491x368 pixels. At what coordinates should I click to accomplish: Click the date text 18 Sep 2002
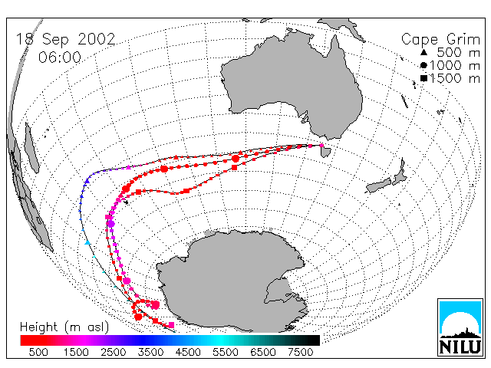coord(65,40)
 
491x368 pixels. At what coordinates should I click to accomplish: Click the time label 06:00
coord(60,58)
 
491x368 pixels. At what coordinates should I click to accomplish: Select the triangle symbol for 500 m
coord(423,52)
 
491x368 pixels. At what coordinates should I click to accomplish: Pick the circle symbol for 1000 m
coord(423,65)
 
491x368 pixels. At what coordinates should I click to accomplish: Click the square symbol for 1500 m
coord(423,78)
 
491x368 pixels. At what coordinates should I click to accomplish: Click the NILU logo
coord(460,327)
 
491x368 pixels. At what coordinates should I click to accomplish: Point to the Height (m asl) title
coord(64,327)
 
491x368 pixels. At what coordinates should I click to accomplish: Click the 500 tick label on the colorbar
coord(38,353)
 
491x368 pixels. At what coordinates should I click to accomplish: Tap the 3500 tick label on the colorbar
coord(150,353)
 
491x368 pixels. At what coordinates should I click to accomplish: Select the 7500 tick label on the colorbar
coord(300,353)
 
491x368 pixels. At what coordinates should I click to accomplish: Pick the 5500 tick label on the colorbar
coord(226,353)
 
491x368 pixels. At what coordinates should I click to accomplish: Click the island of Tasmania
coord(325,151)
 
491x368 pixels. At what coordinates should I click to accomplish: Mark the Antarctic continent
coord(232,281)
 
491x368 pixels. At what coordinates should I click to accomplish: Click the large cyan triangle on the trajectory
coord(87,242)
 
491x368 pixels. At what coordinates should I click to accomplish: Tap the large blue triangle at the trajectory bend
coord(87,181)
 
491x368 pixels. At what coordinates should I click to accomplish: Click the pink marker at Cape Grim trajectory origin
coord(321,145)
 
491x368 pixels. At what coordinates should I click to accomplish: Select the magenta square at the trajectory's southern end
coord(171,325)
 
